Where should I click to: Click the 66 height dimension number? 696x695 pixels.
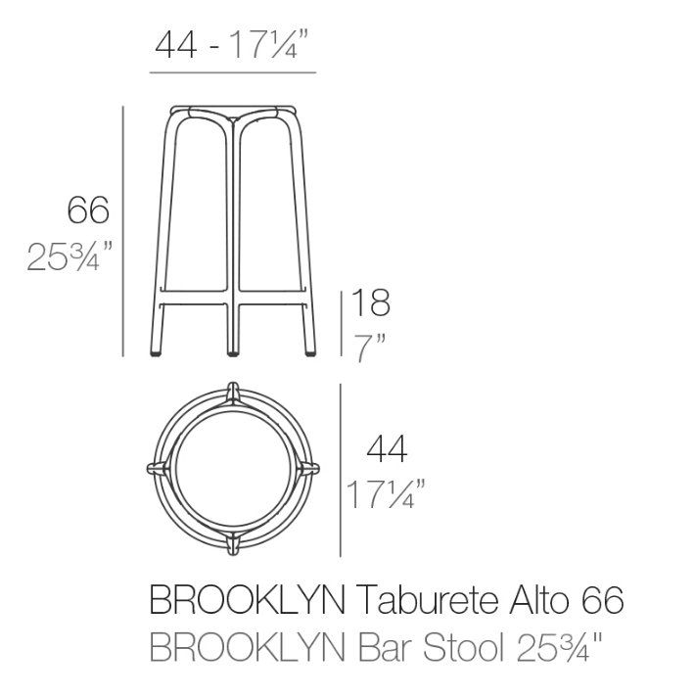click(x=88, y=209)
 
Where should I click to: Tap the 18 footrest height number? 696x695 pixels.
click(x=371, y=302)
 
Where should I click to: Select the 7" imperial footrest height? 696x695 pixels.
click(x=369, y=348)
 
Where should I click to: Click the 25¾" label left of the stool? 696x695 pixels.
click(x=70, y=256)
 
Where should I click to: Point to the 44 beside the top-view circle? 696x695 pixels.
click(x=387, y=448)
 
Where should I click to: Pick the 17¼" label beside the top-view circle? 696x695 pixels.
click(x=386, y=494)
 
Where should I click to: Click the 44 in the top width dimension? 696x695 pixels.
click(x=176, y=45)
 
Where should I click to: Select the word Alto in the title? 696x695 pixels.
click(x=539, y=600)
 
